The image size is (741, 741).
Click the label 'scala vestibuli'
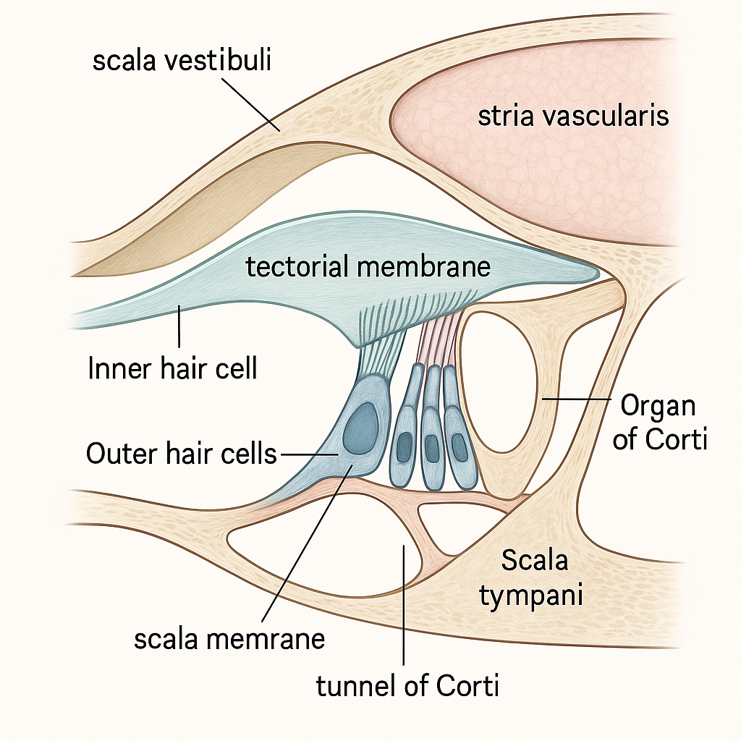point(182,61)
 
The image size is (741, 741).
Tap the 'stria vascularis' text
point(573,116)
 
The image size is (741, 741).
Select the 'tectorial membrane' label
point(368,267)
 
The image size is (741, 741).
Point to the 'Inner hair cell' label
point(172,369)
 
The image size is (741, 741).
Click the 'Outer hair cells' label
point(181,454)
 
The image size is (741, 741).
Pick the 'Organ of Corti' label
point(659,422)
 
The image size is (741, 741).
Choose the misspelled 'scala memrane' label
point(229,639)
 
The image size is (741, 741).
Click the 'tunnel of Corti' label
point(407,685)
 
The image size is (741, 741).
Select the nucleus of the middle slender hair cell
point(432,449)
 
